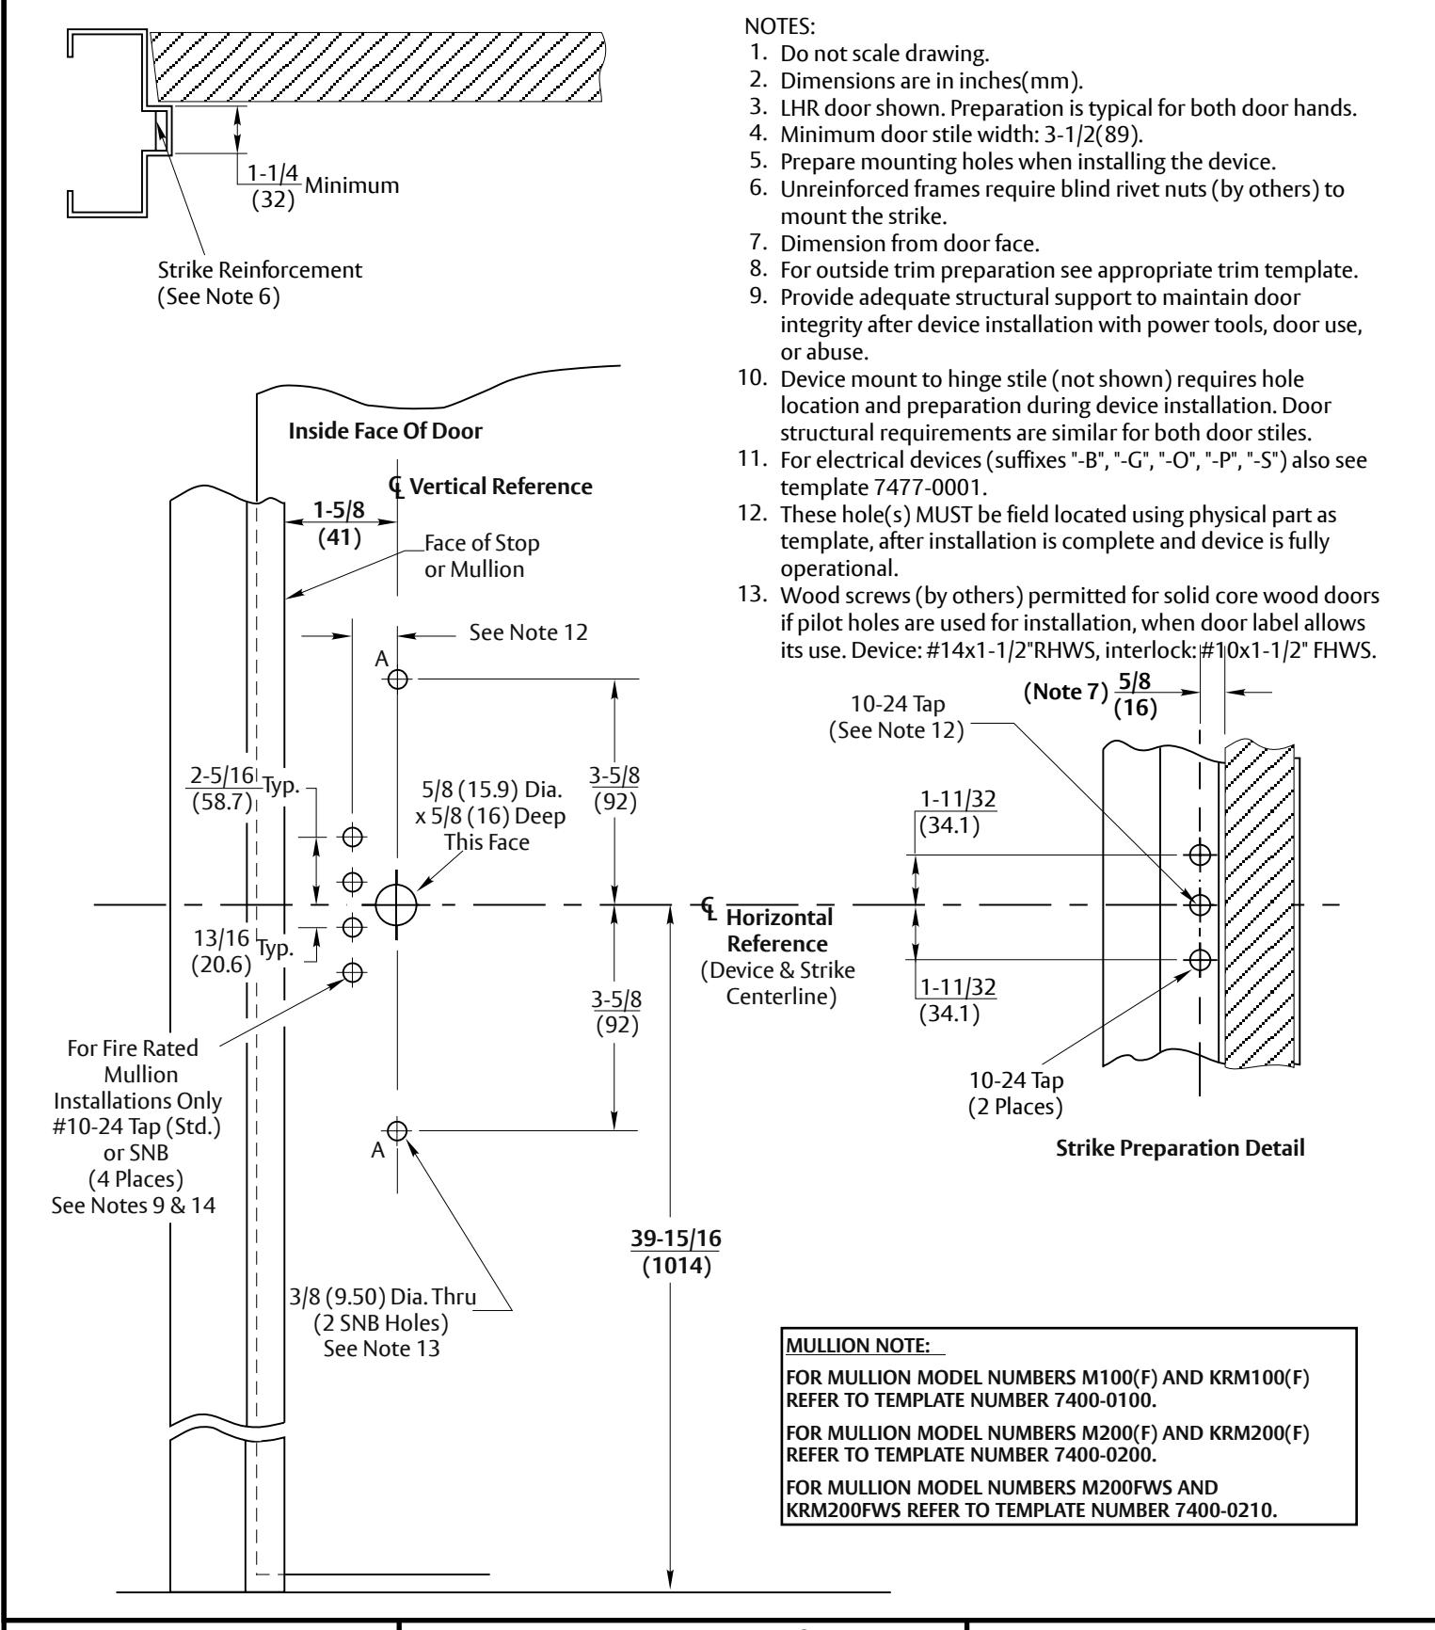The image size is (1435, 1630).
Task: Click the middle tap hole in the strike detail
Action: pos(1199,904)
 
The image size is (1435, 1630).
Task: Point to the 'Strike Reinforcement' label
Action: pos(261,270)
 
